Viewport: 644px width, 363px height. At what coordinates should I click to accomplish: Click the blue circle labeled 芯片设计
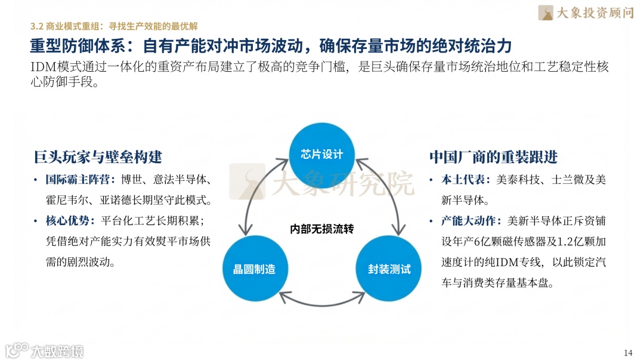click(x=321, y=154)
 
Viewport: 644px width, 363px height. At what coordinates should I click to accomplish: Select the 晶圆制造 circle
click(x=254, y=269)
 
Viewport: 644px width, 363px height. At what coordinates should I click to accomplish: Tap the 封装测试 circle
click(x=389, y=269)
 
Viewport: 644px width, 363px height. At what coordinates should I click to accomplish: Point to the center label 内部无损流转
click(x=322, y=229)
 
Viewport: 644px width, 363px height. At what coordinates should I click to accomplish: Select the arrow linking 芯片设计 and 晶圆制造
click(x=255, y=195)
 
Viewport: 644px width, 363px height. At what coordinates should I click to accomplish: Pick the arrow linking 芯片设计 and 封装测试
click(x=387, y=195)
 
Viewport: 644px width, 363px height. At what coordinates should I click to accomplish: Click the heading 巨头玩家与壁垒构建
click(x=98, y=157)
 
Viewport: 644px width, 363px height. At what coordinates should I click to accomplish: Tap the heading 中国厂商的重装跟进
click(x=493, y=157)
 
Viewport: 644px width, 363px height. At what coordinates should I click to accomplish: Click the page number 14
click(x=627, y=352)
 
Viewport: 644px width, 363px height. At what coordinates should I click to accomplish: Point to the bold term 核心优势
click(x=70, y=221)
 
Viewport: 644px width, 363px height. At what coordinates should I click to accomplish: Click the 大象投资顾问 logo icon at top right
click(x=545, y=13)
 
